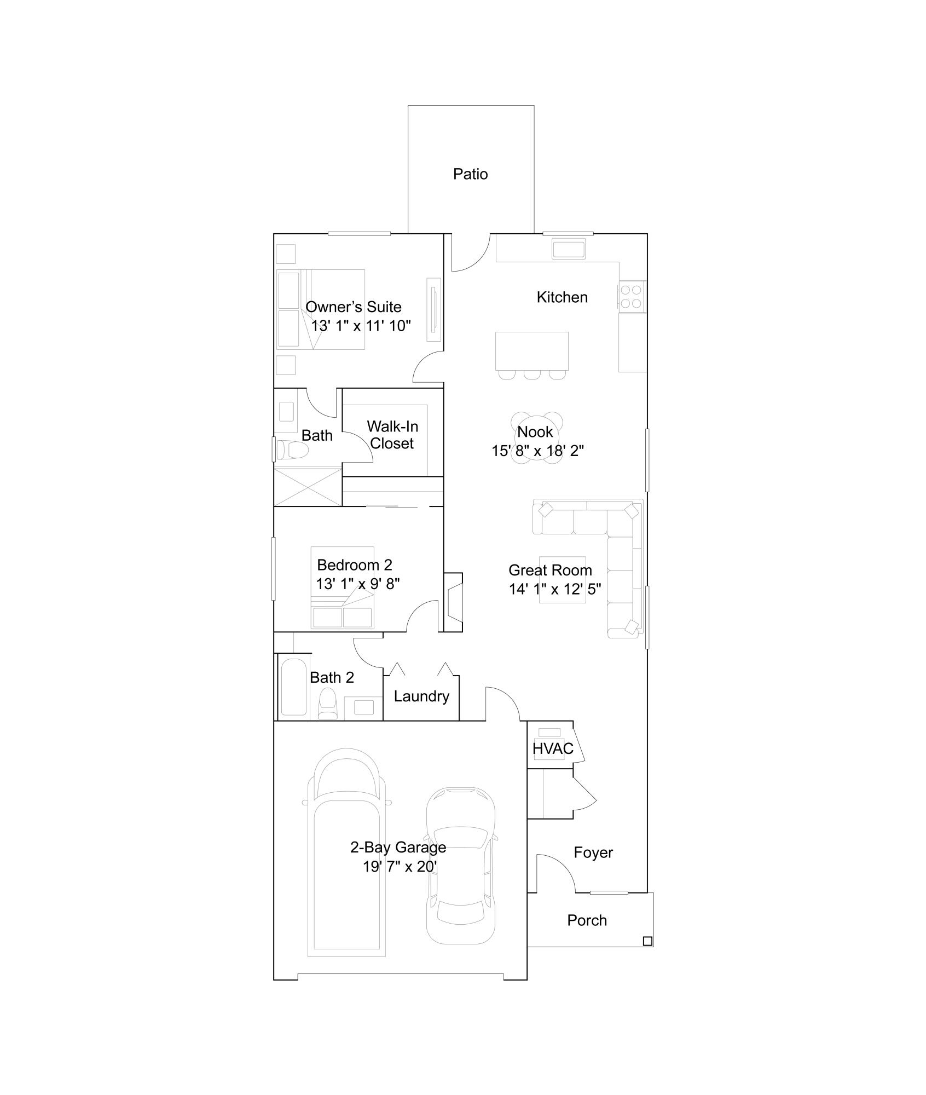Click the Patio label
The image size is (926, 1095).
[x=470, y=174]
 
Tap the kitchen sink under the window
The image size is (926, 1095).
[x=569, y=249]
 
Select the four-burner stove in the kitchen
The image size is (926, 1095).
[x=632, y=297]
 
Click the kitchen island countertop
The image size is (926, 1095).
[x=531, y=350]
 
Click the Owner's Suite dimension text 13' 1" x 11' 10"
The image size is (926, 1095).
[x=361, y=326]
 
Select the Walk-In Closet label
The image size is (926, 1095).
[x=392, y=435]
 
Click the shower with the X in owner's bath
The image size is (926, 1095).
[x=308, y=486]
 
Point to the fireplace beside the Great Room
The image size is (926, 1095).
[x=454, y=602]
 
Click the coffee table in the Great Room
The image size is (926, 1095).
[x=562, y=580]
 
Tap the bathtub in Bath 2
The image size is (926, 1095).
[x=293, y=687]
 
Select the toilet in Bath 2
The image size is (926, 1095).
[x=328, y=704]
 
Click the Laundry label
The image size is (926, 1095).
[x=421, y=696]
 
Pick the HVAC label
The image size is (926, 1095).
[x=553, y=748]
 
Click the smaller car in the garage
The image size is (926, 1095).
[x=461, y=865]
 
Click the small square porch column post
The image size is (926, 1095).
[x=647, y=941]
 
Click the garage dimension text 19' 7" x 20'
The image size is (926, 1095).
[x=399, y=867]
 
